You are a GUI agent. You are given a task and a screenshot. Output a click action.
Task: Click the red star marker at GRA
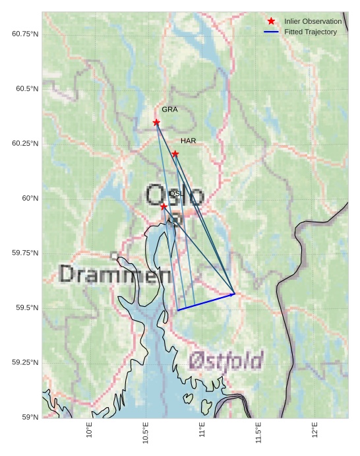pyautogui.click(x=156, y=122)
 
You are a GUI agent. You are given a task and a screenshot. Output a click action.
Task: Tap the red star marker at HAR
pyautogui.click(x=175, y=154)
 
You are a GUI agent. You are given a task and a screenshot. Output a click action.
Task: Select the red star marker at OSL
pyautogui.click(x=164, y=207)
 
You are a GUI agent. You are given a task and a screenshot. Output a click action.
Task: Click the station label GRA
pyautogui.click(x=169, y=110)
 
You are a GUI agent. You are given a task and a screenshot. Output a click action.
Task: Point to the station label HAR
pyautogui.click(x=188, y=141)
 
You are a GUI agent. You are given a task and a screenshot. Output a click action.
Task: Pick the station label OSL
pyautogui.click(x=177, y=193)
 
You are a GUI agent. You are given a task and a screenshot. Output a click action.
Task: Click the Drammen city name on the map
pyautogui.click(x=115, y=275)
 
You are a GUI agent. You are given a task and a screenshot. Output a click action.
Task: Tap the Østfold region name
pyautogui.click(x=226, y=360)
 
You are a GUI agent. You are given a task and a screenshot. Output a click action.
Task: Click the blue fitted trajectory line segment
pyautogui.click(x=206, y=302)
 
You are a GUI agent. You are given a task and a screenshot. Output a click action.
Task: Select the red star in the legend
pyautogui.click(x=271, y=22)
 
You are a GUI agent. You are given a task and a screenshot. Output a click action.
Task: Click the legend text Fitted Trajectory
pyautogui.click(x=311, y=32)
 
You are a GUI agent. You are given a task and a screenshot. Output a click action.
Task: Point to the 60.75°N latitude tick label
pyautogui.click(x=25, y=34)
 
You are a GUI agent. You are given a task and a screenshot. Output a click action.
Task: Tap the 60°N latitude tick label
pyautogui.click(x=30, y=198)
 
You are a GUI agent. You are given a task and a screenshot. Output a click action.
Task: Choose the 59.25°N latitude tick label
pyautogui.click(x=25, y=362)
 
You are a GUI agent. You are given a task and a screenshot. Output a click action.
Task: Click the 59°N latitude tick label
pyautogui.click(x=30, y=417)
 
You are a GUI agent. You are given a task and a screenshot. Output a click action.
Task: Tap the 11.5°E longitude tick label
pyautogui.click(x=258, y=433)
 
